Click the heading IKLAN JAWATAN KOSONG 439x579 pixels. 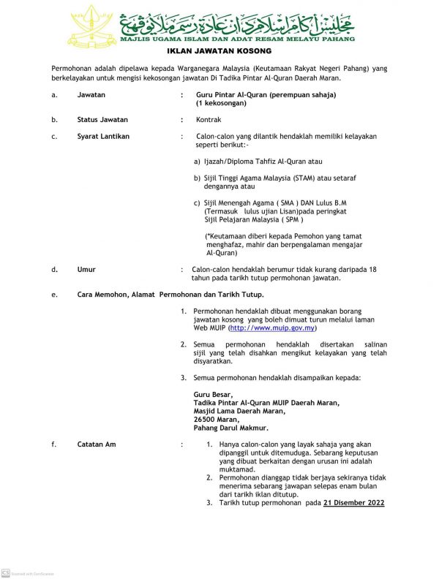click(x=219, y=51)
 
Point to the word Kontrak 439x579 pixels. click(x=209, y=119)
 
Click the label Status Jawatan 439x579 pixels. click(x=102, y=119)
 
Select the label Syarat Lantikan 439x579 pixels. click(x=103, y=137)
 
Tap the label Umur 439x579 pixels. click(x=86, y=270)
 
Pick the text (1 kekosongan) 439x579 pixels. click(x=221, y=104)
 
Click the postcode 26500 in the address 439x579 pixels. click(x=206, y=420)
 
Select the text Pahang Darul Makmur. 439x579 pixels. click(x=230, y=428)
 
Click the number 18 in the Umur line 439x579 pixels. click(x=373, y=270)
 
